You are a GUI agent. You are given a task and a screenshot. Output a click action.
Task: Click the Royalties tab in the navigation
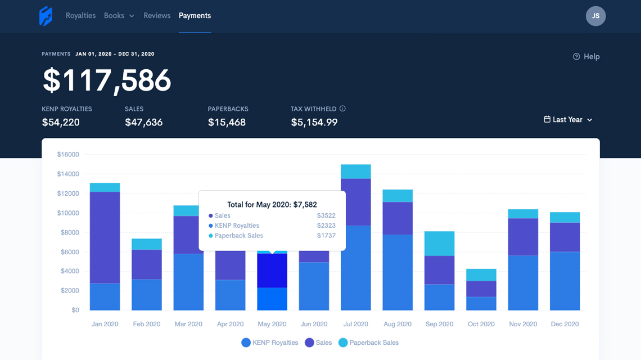80,16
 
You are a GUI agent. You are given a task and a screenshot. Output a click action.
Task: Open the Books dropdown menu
119,16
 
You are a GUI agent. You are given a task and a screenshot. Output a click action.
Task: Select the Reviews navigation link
157,16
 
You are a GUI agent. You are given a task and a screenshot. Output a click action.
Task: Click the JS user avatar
595,16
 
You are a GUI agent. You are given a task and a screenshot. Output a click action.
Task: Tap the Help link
586,56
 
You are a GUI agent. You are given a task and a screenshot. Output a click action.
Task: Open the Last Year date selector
568,120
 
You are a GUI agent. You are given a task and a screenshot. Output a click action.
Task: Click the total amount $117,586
107,80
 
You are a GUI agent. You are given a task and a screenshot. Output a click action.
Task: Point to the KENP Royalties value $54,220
61,122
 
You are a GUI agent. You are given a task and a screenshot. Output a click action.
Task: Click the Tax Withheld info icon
342,109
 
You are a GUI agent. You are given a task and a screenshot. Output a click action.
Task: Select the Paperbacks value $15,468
227,122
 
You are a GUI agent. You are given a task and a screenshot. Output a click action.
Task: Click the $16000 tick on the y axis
68,155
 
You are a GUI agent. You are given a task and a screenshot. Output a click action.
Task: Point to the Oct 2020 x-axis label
481,324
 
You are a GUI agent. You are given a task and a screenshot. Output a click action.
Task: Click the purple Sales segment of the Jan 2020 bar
105,237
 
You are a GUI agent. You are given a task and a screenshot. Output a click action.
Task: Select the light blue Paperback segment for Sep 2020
439,244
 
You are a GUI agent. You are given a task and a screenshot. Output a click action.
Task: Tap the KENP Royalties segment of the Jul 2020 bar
355,267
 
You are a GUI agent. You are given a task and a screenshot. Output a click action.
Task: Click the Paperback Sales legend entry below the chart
368,343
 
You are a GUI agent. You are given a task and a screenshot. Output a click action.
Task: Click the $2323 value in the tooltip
326,226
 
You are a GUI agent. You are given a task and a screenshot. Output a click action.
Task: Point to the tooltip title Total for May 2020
272,205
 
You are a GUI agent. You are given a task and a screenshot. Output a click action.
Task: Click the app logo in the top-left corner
46,16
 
